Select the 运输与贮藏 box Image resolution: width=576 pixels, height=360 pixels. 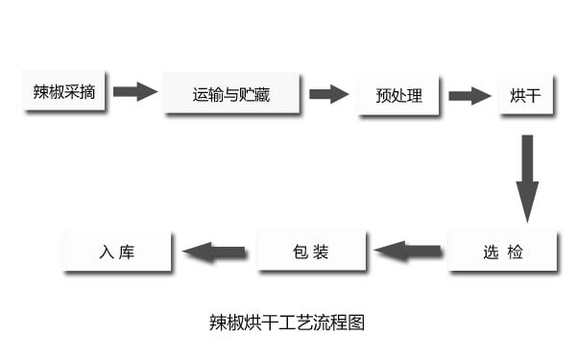click(233, 94)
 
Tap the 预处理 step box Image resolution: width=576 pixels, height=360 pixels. click(397, 94)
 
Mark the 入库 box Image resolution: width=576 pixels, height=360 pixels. click(116, 252)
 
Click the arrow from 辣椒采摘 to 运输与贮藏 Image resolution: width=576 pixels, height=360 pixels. click(134, 92)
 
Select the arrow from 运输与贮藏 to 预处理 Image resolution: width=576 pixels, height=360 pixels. click(328, 94)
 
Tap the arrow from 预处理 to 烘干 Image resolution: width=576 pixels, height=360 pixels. click(469, 95)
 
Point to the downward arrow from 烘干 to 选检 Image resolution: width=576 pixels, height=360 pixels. click(527, 176)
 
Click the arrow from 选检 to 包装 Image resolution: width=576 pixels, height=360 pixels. click(410, 252)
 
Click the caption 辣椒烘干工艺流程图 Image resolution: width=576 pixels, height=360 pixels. click(286, 322)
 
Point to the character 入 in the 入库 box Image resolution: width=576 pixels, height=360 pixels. click(107, 252)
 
